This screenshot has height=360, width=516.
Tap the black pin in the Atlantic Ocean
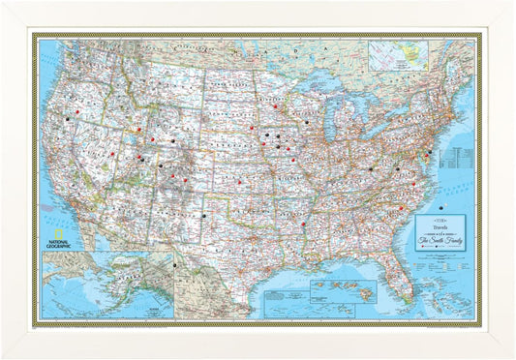coord(441,206)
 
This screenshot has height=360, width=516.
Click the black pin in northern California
coord(66,121)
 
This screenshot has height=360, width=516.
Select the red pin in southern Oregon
coord(76,112)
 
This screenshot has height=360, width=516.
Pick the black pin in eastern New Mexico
coord(204,216)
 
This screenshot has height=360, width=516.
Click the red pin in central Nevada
coord(112,152)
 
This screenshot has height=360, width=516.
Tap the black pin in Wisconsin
coord(307,123)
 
